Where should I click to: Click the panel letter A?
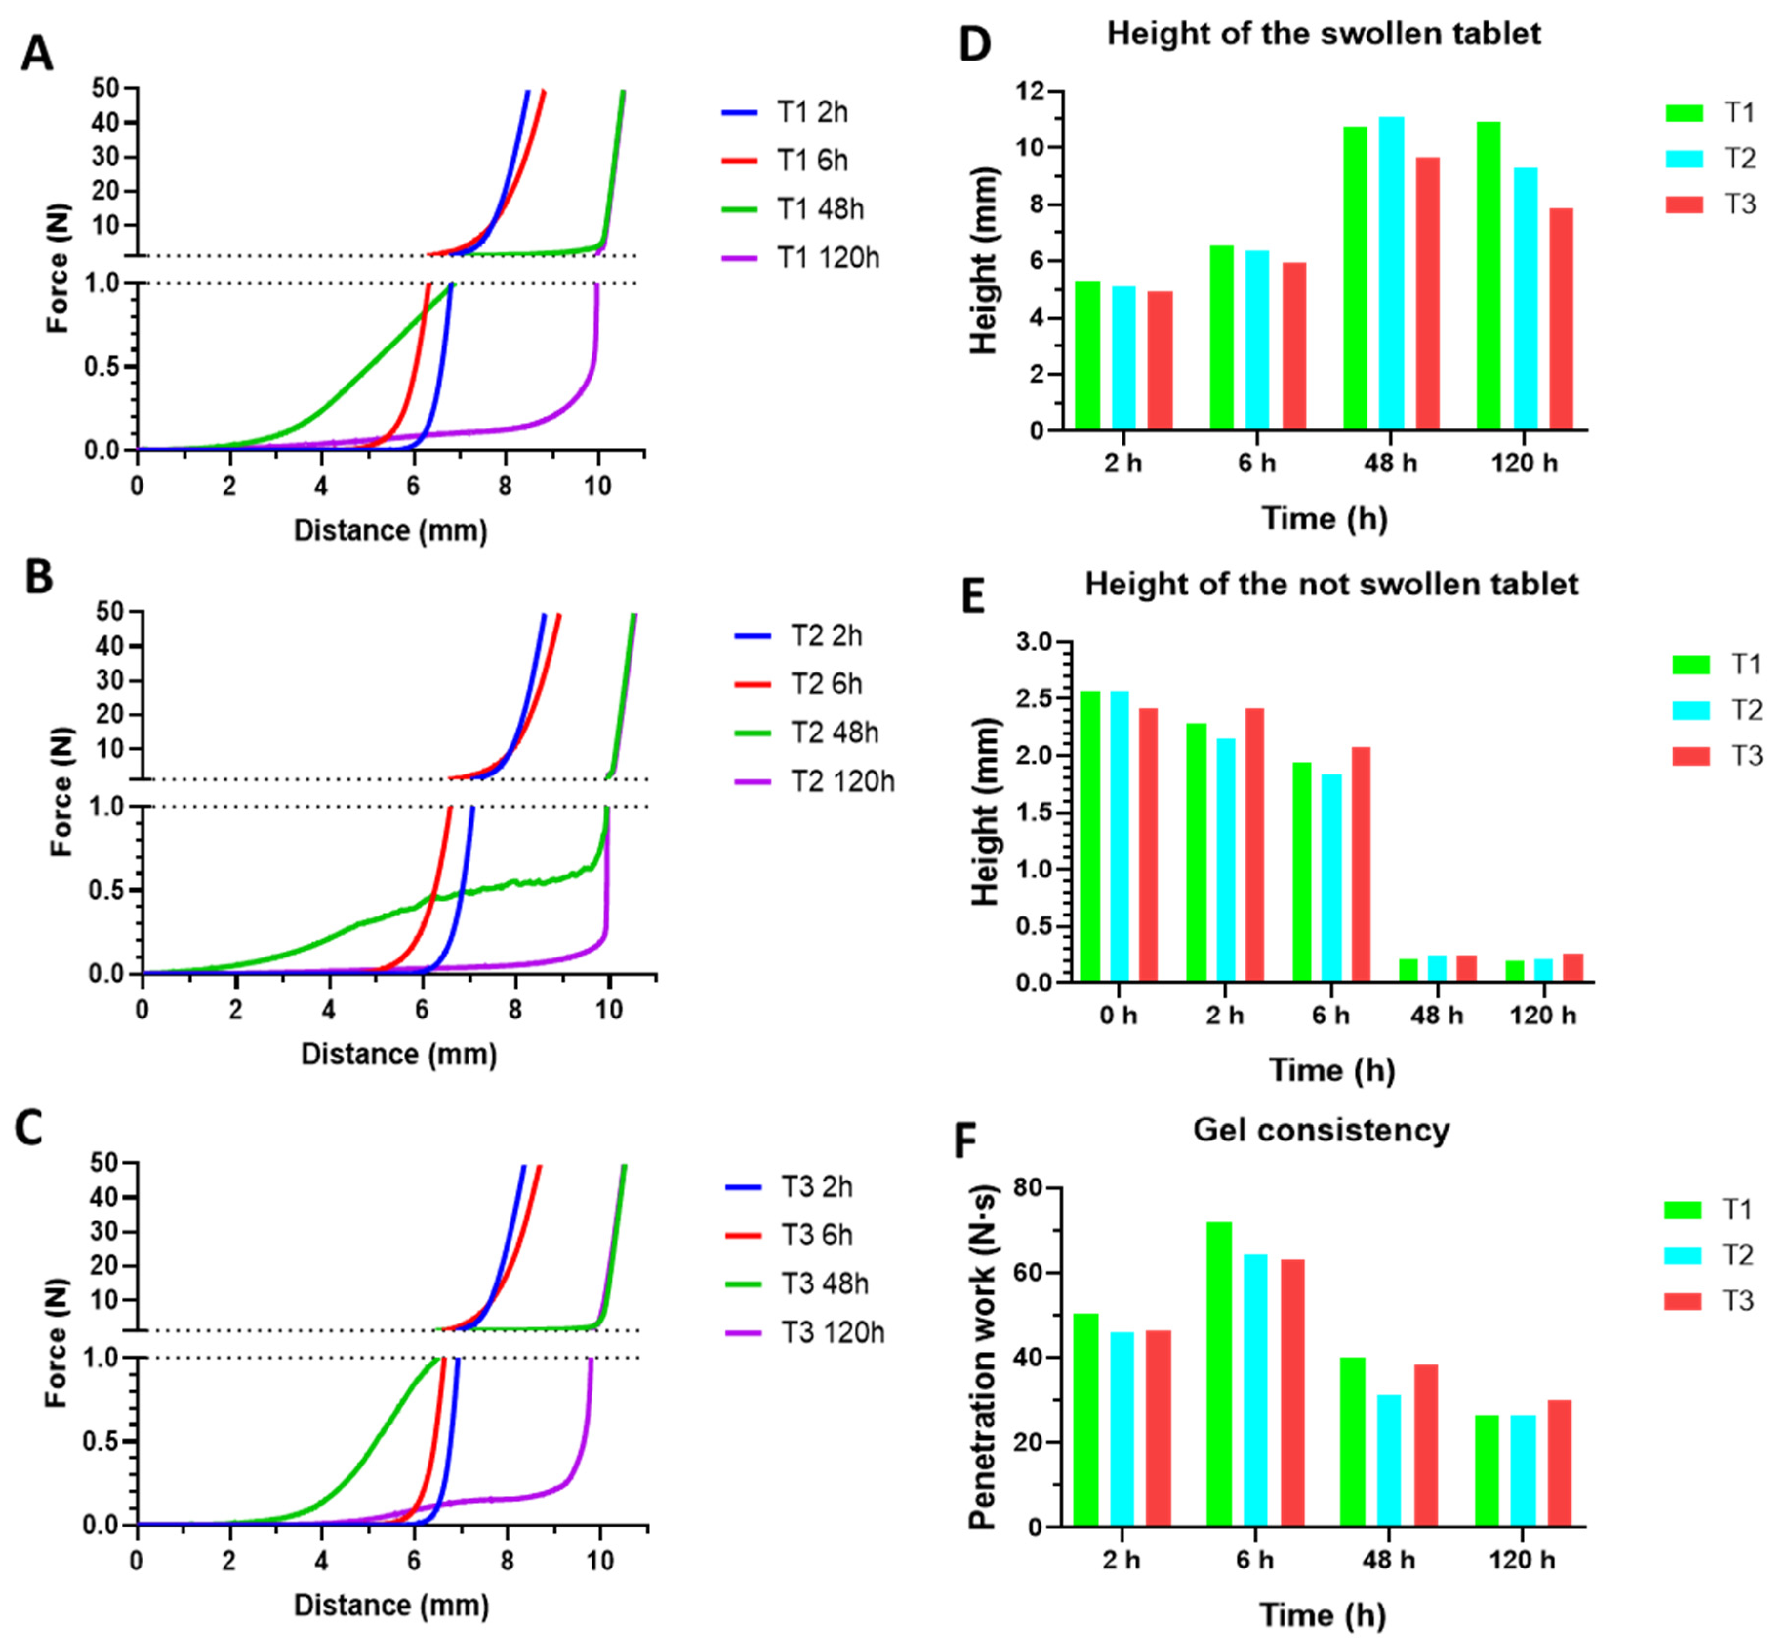click(37, 55)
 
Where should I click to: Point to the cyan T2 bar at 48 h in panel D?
click(1391, 273)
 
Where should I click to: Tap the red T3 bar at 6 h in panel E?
click(1360, 864)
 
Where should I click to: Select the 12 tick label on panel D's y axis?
click(1033, 91)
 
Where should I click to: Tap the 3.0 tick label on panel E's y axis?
click(1035, 642)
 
